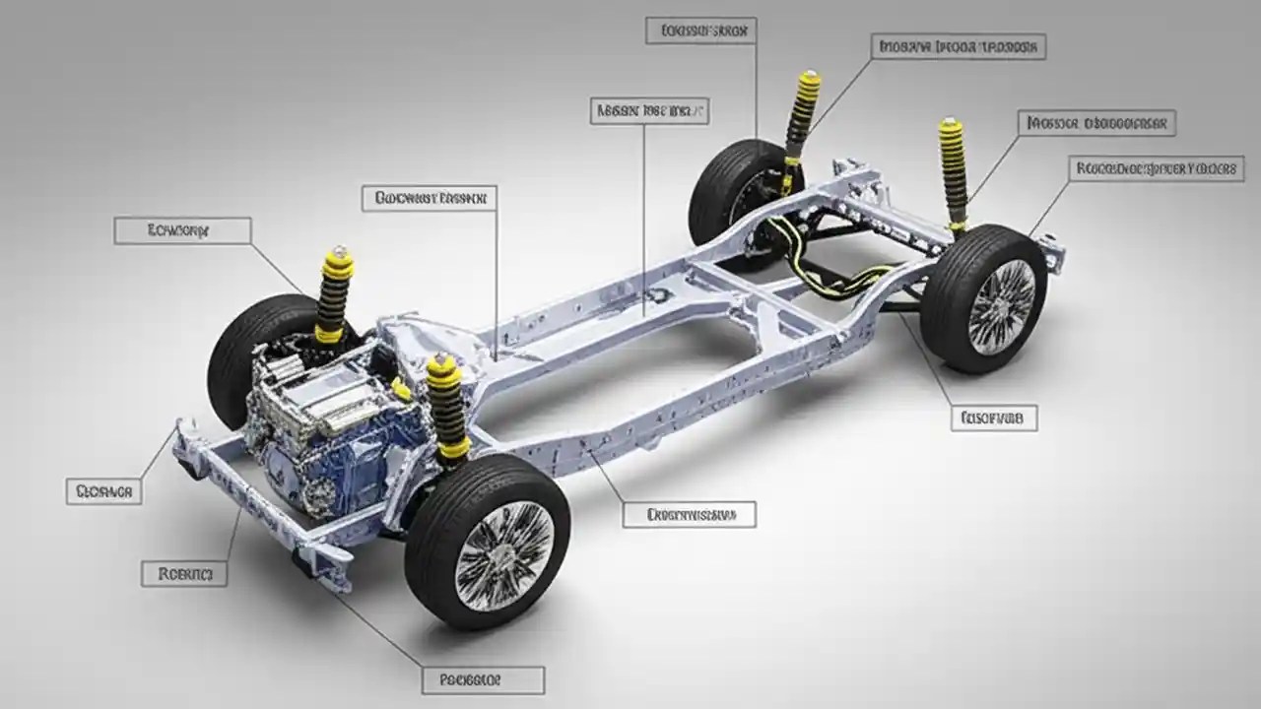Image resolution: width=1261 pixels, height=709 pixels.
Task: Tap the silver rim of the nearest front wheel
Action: [x=503, y=550]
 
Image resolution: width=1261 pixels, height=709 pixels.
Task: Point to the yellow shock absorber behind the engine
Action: [x=336, y=295]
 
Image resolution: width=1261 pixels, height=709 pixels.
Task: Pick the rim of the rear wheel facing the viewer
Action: [x=1000, y=306]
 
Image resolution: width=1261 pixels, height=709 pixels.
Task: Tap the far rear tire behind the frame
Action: [x=729, y=197]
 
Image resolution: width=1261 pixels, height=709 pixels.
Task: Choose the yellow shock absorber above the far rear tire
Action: [x=801, y=118]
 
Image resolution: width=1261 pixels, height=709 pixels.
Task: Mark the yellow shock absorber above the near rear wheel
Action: [x=953, y=172]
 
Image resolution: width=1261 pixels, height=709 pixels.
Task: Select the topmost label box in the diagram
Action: [x=700, y=30]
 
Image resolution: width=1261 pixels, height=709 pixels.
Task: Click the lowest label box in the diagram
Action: [x=483, y=679]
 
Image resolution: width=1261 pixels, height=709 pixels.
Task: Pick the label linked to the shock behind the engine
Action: [x=182, y=230]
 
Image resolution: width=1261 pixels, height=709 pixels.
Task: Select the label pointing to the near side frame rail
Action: [x=689, y=513]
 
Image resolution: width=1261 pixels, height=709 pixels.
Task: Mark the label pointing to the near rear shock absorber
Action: [x=1096, y=123]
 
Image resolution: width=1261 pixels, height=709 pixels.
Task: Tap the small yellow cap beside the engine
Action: [x=401, y=389]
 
